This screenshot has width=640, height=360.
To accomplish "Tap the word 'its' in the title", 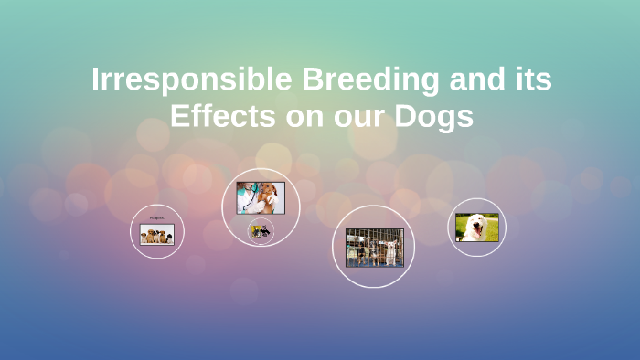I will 532,80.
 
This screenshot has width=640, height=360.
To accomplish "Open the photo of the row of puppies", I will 157,235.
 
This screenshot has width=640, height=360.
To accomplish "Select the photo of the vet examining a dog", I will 261,197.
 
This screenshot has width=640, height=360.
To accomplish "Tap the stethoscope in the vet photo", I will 250,194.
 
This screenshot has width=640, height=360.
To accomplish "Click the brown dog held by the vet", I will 271,195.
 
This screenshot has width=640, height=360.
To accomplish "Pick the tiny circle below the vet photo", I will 261,232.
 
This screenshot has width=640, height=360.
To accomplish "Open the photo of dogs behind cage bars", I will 374,248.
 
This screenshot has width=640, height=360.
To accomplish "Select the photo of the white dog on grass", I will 477,227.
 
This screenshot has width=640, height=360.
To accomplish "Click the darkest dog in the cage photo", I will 363,250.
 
